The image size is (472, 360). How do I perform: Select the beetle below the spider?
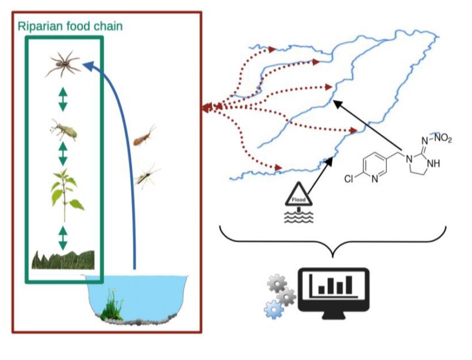[62, 130]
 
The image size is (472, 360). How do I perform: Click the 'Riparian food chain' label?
[69, 26]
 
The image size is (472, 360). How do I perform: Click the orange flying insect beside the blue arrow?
[144, 135]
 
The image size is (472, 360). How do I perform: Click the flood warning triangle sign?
[299, 195]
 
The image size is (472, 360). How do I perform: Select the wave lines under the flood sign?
[299, 216]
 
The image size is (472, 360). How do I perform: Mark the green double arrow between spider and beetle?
[62, 99]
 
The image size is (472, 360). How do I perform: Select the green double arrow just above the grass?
[62, 236]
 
